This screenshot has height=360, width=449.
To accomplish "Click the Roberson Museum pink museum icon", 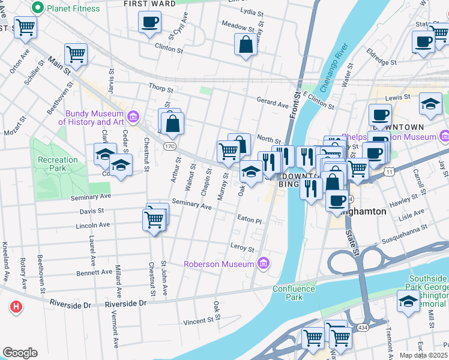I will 262,263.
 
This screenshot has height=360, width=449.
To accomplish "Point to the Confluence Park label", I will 294,293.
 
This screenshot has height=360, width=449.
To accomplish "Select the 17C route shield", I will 169,146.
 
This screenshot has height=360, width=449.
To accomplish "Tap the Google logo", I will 20,352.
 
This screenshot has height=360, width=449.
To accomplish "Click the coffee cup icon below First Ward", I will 149,23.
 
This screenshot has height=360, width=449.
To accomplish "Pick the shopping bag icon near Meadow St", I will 246,45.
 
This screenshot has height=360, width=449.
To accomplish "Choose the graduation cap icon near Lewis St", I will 430,104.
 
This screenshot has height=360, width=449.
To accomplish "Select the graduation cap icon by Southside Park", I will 408,301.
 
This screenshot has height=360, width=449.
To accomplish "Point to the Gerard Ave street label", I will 273,104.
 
